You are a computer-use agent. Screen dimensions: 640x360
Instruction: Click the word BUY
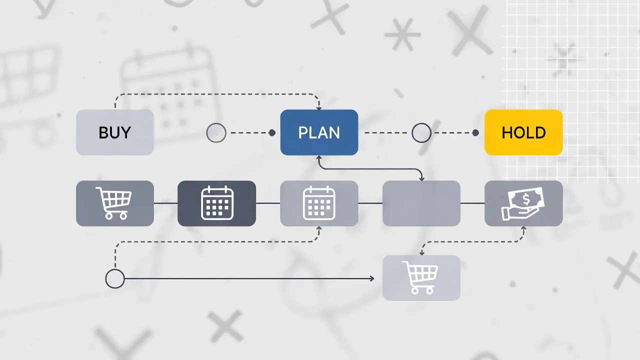(114, 132)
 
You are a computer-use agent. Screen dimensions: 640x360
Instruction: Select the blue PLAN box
(319, 132)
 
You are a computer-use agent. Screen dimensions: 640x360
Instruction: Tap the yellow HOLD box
(523, 132)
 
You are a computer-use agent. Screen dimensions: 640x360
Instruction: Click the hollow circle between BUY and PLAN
(216, 132)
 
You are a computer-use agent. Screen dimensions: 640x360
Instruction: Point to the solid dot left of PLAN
(272, 132)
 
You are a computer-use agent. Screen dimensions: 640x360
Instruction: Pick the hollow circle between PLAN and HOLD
(421, 132)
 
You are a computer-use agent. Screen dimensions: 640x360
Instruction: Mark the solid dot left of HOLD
(475, 132)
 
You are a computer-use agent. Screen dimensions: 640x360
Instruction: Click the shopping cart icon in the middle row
(113, 203)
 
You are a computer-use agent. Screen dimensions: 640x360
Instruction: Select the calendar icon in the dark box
(217, 203)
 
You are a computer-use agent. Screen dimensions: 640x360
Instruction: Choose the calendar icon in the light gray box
(319, 203)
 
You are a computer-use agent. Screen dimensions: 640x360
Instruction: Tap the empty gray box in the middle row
(421, 203)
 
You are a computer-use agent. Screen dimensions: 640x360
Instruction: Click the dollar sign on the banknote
(526, 199)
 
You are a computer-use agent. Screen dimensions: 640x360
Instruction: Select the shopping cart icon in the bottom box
(420, 277)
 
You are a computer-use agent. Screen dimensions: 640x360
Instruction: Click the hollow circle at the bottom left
(115, 278)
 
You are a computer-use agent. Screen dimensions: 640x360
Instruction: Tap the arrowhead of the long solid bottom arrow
(372, 278)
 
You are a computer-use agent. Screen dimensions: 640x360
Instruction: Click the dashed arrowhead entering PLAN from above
(319, 108)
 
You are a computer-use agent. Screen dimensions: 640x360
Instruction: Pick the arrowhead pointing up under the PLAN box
(319, 157)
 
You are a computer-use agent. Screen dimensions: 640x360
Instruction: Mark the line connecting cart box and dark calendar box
(165, 203)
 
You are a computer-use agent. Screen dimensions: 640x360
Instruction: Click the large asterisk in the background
(402, 34)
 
